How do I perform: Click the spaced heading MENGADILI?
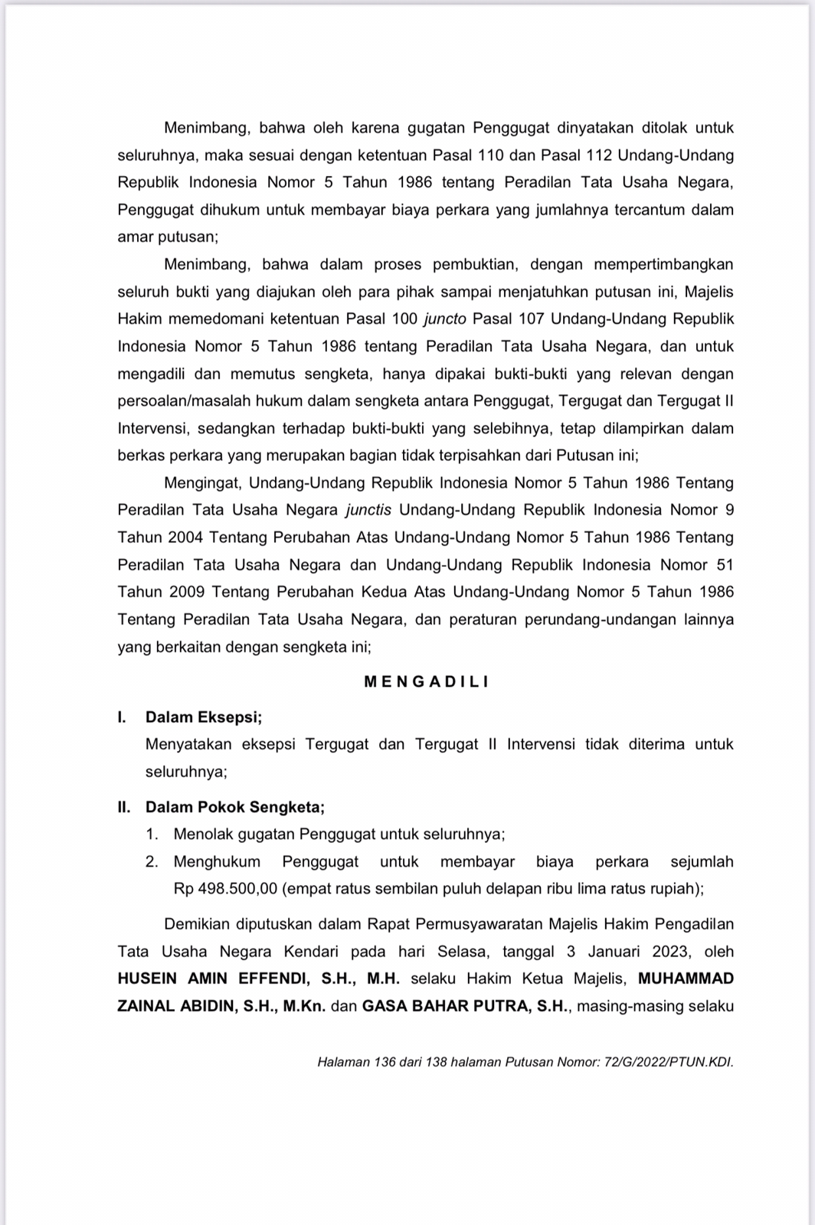426,681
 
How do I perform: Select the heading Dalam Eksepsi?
204,717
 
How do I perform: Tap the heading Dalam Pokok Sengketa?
235,807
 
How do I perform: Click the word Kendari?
313,952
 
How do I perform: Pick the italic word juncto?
445,318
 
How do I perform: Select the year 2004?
185,537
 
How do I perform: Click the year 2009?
185,592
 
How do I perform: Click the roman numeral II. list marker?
124,807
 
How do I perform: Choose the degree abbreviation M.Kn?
305,1006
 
